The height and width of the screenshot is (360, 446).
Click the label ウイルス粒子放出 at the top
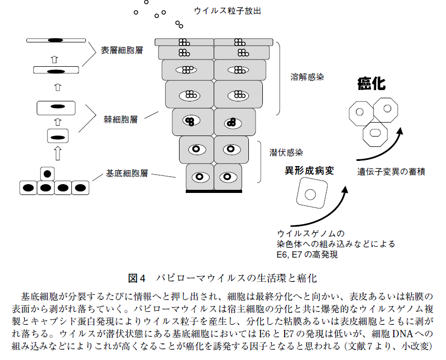(227, 11)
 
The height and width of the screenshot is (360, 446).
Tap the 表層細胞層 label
(122, 50)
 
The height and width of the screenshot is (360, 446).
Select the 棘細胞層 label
(121, 119)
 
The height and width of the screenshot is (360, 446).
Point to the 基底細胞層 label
(127, 173)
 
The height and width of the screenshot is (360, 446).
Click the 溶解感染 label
(307, 77)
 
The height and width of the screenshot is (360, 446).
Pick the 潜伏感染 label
(286, 153)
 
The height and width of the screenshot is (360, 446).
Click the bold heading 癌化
(371, 84)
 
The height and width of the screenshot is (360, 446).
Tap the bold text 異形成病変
(309, 171)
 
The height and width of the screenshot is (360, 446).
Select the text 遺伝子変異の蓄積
(391, 172)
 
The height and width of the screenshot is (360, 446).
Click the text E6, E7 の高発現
(307, 254)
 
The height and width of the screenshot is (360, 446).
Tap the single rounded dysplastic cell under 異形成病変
(312, 193)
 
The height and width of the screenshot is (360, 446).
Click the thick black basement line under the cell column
(214, 192)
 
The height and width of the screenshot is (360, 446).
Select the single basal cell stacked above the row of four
(47, 174)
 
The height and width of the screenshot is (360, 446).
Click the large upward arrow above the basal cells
(58, 153)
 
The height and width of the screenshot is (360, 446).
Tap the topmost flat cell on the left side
(56, 40)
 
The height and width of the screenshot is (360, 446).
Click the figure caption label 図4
(137, 278)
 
